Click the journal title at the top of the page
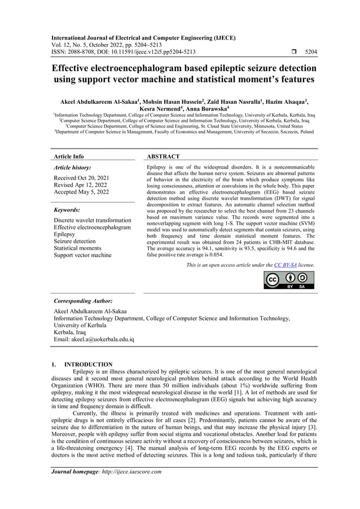pyautogui.click(x=144, y=38)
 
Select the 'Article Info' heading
pyautogui.click(x=68, y=156)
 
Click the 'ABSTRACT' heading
pyautogui.click(x=163, y=156)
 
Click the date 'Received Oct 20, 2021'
pyautogui.click(x=82, y=178)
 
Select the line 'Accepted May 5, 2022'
pyautogui.click(x=81, y=192)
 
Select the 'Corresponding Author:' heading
pyautogui.click(x=82, y=301)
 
